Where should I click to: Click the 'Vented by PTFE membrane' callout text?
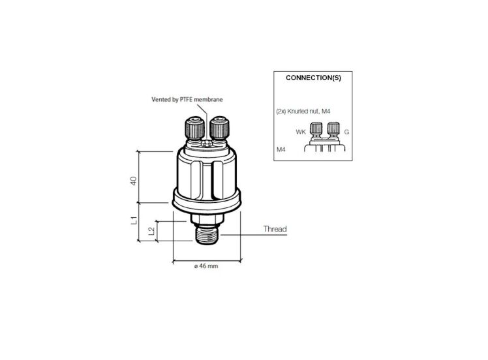pos(187,99)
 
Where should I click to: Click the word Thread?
pos(275,230)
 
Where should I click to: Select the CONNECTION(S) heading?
pos(313,78)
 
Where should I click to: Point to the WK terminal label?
pos(301,132)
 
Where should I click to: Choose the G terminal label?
pos(346,132)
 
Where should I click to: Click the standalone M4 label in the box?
pos(281,151)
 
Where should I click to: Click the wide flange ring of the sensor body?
pos(206,198)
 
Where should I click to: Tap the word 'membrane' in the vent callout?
pos(208,99)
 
